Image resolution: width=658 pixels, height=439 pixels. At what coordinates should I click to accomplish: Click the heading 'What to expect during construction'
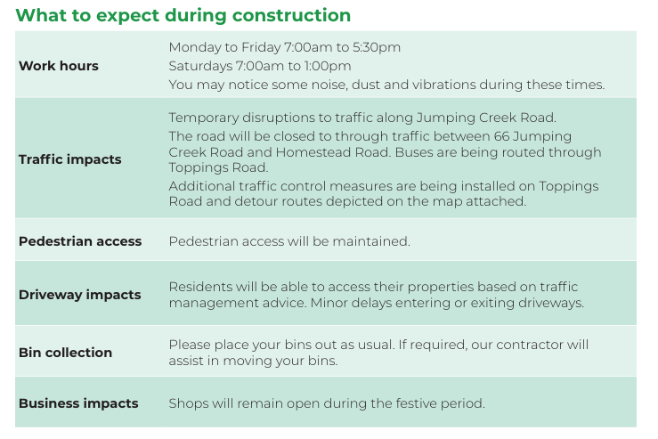click(183, 16)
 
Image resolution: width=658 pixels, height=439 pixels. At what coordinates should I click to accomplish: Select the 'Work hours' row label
click(59, 66)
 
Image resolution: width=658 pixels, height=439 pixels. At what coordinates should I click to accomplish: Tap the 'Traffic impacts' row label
click(70, 159)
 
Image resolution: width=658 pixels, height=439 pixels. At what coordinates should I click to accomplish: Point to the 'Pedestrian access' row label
click(80, 241)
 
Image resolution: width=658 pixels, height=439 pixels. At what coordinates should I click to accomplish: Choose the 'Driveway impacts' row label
click(80, 295)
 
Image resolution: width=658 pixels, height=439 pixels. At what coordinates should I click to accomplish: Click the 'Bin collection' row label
click(66, 353)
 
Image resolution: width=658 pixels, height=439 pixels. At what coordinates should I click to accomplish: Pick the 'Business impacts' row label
click(78, 403)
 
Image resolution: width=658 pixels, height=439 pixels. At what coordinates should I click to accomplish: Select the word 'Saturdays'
click(200, 66)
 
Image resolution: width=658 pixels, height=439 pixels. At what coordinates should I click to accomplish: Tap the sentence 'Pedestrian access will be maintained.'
click(289, 241)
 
